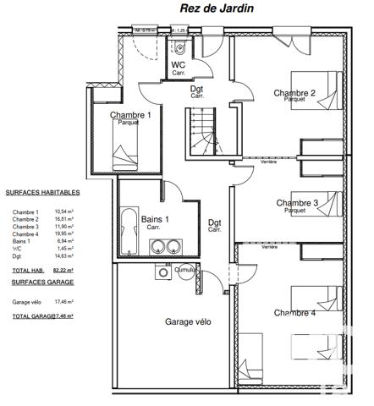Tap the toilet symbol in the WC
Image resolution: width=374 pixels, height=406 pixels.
point(179,47)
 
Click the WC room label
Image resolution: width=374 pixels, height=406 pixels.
point(179,65)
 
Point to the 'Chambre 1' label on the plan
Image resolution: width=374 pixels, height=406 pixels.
point(131,115)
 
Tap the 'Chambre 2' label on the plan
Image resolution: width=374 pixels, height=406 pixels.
point(294,93)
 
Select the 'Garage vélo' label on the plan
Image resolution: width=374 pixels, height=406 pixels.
point(188,322)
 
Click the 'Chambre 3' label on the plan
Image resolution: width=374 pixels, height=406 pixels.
point(296,203)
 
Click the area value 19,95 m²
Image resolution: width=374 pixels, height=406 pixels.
point(64,234)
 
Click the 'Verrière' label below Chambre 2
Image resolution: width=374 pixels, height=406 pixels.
point(269,162)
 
